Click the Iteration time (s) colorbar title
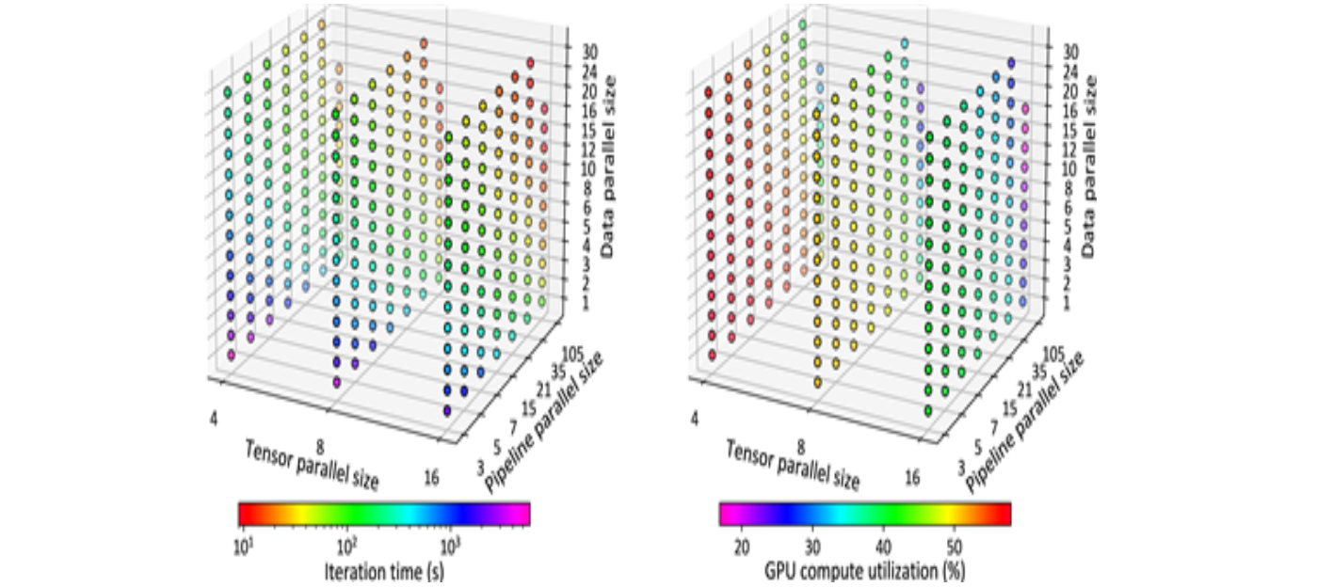(384, 569)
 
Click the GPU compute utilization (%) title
(865, 569)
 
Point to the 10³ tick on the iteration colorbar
(450, 545)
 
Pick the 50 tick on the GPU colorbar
(953, 545)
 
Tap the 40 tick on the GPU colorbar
(883, 545)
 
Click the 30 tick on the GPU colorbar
(813, 545)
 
